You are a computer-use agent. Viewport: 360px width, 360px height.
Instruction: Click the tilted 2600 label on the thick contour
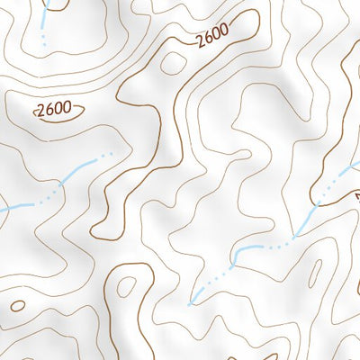[212, 35]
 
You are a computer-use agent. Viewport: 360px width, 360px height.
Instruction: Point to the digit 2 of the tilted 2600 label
[198, 40]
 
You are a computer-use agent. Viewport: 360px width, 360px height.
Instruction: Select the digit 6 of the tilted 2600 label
[207, 37]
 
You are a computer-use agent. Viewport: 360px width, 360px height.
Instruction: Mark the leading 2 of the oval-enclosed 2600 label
[41, 112]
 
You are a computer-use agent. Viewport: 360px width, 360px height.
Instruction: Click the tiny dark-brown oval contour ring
[17, 305]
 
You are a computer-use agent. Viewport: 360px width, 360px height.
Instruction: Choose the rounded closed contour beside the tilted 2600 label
[170, 63]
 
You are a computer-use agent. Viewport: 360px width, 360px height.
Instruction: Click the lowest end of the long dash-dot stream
[190, 303]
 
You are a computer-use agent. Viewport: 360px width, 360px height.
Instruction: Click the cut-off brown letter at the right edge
[356, 195]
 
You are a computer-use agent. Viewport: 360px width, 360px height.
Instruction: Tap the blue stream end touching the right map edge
[355, 163]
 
